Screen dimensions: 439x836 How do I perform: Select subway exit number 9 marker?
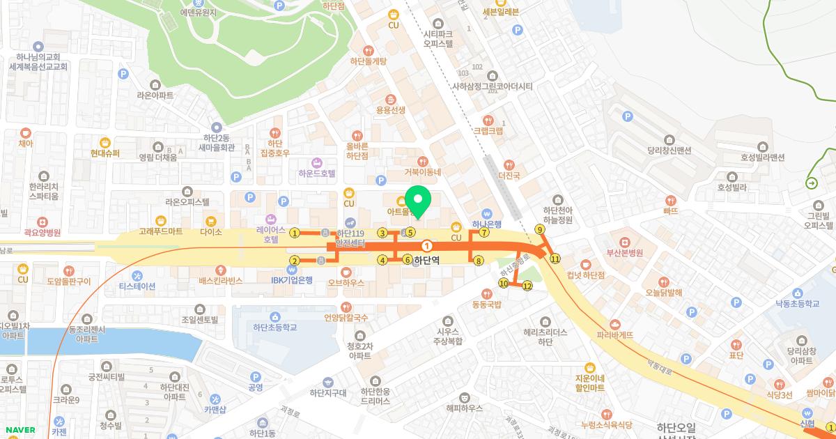pos(539,229)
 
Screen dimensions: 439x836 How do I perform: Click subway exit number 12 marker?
pos(527,286)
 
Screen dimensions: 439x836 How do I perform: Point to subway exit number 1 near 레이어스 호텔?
pos(295,233)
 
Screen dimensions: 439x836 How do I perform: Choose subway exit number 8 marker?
pos(478,261)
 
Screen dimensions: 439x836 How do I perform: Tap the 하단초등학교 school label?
pos(274,326)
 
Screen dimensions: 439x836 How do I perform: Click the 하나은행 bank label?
pos(487,224)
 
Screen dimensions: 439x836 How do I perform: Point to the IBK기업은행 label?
pos(292,279)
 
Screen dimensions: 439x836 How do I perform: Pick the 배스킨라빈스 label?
pos(220,280)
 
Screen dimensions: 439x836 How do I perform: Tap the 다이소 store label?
pos(210,231)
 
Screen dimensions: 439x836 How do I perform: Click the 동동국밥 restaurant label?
pos(487,305)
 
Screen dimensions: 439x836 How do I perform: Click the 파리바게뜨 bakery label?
pos(614,334)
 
